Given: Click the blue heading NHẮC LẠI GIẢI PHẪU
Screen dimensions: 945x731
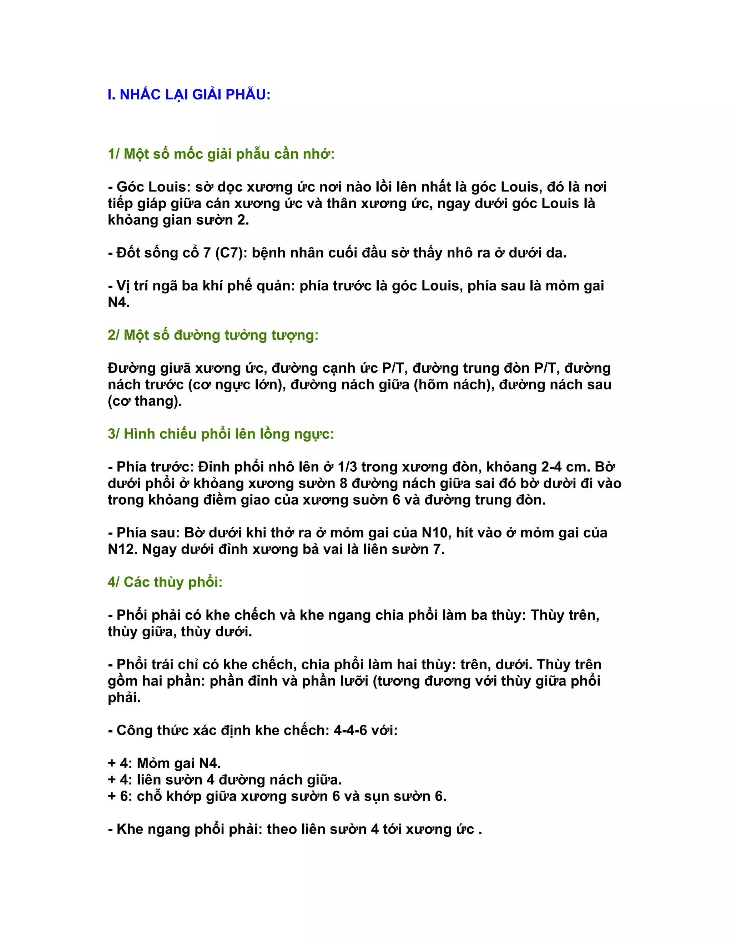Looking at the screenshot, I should point(189,94).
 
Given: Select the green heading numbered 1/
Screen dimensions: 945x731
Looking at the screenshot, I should point(221,154).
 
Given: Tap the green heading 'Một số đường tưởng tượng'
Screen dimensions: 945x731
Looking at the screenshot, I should point(213,335).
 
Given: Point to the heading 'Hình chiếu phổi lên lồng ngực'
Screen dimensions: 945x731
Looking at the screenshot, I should point(221,434).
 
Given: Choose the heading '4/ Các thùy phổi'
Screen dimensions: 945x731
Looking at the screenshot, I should point(165,582).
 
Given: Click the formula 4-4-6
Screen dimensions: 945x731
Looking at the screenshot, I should point(351,730).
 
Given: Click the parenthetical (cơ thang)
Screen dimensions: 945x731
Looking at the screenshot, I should point(145,401).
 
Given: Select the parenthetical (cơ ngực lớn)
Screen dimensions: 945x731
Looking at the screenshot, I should point(236,384).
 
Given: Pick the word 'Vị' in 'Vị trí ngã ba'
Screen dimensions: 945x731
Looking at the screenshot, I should point(123,286).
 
